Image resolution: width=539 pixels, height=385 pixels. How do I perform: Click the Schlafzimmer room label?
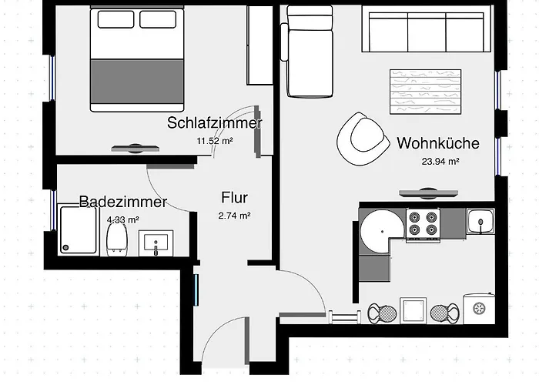tap(215, 123)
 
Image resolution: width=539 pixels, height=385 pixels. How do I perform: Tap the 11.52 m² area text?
tap(215, 141)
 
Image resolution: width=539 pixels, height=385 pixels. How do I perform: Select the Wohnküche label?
tap(438, 143)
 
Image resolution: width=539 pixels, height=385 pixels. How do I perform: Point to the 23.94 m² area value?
tap(440, 162)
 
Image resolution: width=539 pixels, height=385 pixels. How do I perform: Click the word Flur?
tap(234, 197)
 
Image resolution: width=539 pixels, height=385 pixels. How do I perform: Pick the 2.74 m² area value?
tap(234, 216)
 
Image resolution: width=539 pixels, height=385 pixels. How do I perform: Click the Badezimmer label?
tap(123, 203)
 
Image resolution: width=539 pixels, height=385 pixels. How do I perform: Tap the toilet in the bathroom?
tap(117, 238)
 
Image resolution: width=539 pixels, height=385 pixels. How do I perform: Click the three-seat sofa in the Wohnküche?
tap(427, 31)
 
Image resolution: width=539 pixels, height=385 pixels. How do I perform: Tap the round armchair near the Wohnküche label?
tap(361, 138)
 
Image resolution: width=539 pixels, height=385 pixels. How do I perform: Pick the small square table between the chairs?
tap(413, 311)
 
